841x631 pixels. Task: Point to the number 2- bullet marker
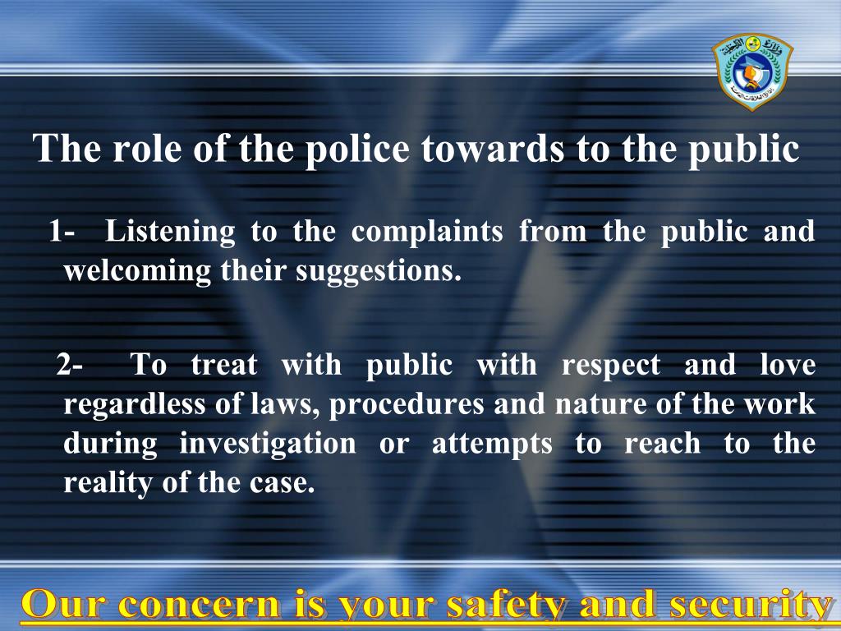[x=70, y=364]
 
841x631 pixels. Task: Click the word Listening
[x=170, y=233]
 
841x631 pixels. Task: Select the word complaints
[x=427, y=233]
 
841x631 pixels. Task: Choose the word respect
[x=611, y=365]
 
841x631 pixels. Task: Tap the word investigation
[x=268, y=444]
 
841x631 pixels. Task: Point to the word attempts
[x=492, y=444]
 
